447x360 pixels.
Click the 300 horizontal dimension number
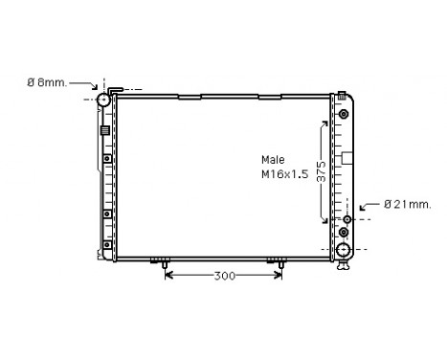(224, 276)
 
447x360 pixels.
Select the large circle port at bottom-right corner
(344, 251)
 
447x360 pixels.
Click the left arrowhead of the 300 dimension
(169, 276)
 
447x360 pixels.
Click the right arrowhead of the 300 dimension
(279, 276)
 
